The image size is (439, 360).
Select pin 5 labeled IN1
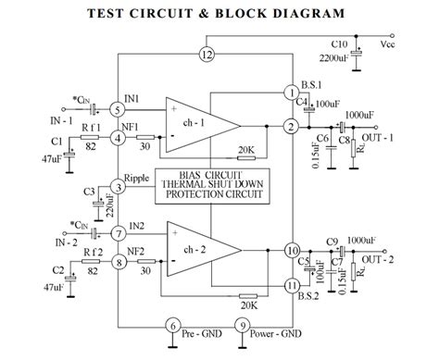coord(117,109)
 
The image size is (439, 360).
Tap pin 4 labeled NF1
coord(117,138)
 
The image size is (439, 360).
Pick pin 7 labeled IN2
coord(117,235)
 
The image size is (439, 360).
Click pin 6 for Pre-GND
coord(171,326)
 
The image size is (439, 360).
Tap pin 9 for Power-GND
coord(243,326)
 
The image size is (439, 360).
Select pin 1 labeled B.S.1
coord(293,93)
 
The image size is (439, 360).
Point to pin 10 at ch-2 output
coord(293,251)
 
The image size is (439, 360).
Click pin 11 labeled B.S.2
coord(293,286)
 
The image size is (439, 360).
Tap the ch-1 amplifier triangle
coord(195,124)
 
